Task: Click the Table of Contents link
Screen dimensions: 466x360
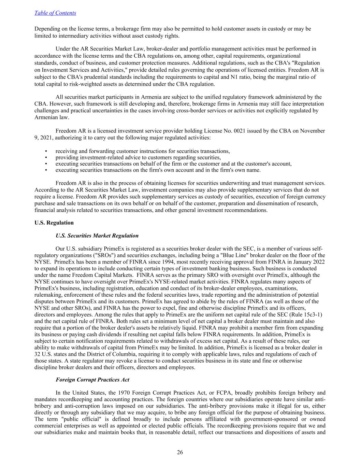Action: pyautogui.click(x=55, y=13)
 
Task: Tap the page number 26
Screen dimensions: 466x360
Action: pyautogui.click(x=180, y=452)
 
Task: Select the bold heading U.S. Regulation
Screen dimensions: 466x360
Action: pyautogui.click(x=54, y=223)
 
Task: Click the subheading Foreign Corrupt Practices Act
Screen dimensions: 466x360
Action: pyautogui.click(x=92, y=380)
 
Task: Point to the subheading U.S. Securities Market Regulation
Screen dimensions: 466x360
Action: pyautogui.click(x=97, y=236)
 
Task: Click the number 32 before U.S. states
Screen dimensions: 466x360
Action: pyautogui.click(x=38, y=354)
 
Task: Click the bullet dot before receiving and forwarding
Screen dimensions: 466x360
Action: pyautogui.click(x=46, y=151)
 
